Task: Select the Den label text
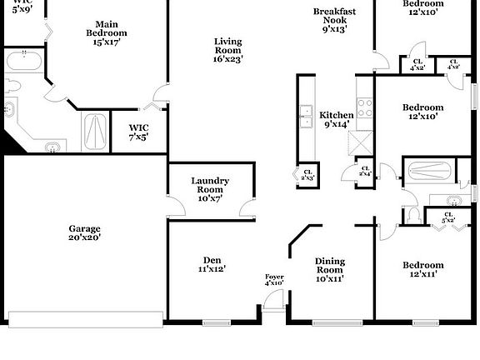(212, 264)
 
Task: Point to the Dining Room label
(329, 270)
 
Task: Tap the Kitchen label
(337, 119)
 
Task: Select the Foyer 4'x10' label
(274, 280)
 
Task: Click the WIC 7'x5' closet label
(138, 132)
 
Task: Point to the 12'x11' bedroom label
(423, 270)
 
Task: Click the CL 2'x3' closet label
(307, 173)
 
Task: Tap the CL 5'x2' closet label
(448, 218)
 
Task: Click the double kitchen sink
(306, 116)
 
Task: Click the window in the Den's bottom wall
(216, 322)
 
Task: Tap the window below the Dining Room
(330, 322)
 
